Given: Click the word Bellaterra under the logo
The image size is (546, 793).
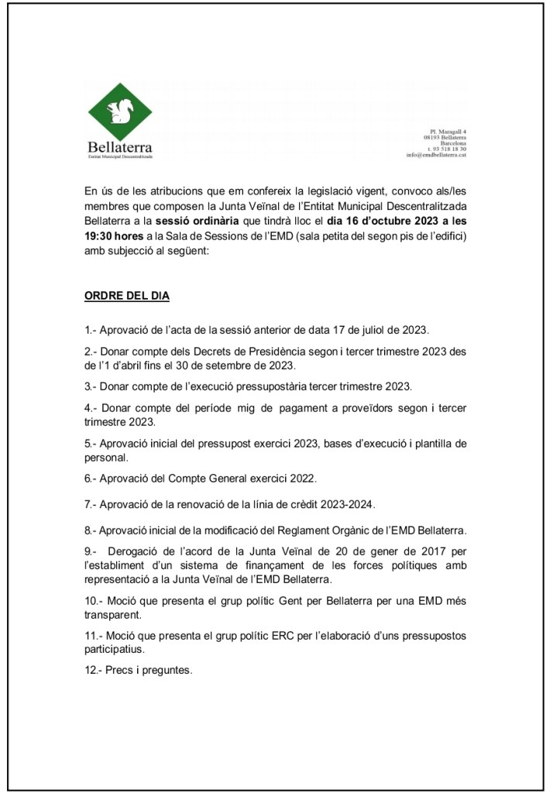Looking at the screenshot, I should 120,146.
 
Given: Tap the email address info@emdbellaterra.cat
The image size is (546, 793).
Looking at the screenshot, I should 436,155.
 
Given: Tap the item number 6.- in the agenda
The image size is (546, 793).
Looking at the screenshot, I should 91,479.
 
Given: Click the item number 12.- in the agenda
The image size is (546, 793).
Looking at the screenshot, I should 94,671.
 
